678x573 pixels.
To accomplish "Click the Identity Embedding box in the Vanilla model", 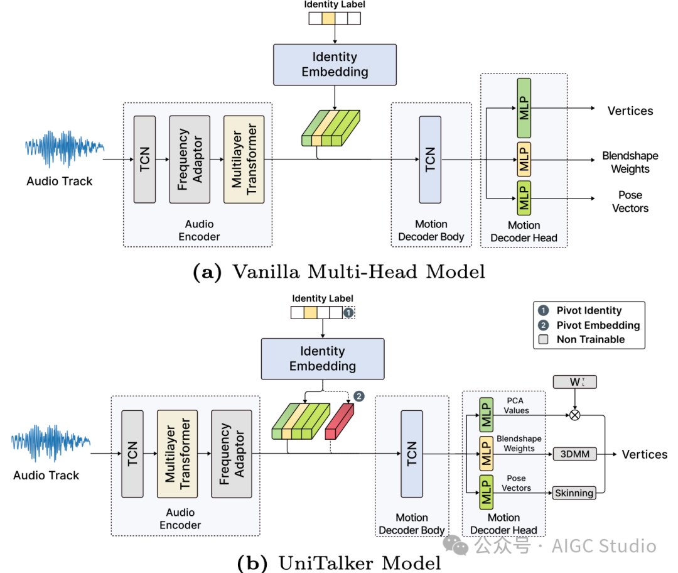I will point(335,65).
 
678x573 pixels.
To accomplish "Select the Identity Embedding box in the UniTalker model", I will point(322,359).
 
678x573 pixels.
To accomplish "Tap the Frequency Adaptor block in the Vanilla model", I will point(190,159).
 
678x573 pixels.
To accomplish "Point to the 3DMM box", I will point(574,454).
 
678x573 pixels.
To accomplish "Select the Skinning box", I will point(574,493).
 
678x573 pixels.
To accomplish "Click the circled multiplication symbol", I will point(573,415).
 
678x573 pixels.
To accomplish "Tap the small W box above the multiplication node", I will point(574,381).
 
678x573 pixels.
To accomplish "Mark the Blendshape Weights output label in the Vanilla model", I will point(630,162).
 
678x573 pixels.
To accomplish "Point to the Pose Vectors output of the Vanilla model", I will point(630,202).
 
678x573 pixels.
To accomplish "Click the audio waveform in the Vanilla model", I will point(64,148).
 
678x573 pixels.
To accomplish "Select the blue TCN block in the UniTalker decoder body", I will point(411,454).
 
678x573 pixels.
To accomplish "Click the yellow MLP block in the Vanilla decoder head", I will point(524,160).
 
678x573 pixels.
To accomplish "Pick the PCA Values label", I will point(516,405).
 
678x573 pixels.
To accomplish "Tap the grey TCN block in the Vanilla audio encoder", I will point(144,159).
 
